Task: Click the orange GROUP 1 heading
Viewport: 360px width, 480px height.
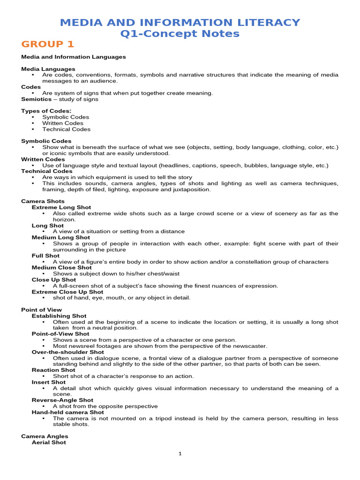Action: pyautogui.click(x=48, y=45)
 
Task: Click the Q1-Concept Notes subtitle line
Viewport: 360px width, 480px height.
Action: pyautogui.click(x=180, y=33)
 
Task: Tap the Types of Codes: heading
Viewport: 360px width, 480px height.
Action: pyautogui.click(x=46, y=111)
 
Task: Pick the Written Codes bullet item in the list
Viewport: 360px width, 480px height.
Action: pyautogui.click(x=63, y=123)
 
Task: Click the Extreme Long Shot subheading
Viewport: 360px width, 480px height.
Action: pyautogui.click(x=61, y=207)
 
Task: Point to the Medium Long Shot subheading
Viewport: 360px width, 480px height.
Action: pyautogui.click(x=61, y=238)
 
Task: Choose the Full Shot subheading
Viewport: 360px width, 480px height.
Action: pyautogui.click(x=45, y=256)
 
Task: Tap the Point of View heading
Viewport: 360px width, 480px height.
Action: pyautogui.click(x=41, y=310)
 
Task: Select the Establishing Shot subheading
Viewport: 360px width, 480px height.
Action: pyautogui.click(x=59, y=316)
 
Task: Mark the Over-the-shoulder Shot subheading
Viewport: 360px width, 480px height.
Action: pyautogui.click(x=68, y=352)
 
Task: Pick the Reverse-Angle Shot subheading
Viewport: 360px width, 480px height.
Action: pyautogui.click(x=62, y=400)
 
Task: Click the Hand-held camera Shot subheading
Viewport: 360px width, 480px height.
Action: pyautogui.click(x=68, y=412)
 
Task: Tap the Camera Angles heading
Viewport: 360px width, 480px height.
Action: pyautogui.click(x=45, y=436)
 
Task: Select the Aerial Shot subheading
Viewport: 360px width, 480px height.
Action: pyautogui.click(x=49, y=442)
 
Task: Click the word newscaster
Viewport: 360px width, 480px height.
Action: pyautogui.click(x=249, y=346)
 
